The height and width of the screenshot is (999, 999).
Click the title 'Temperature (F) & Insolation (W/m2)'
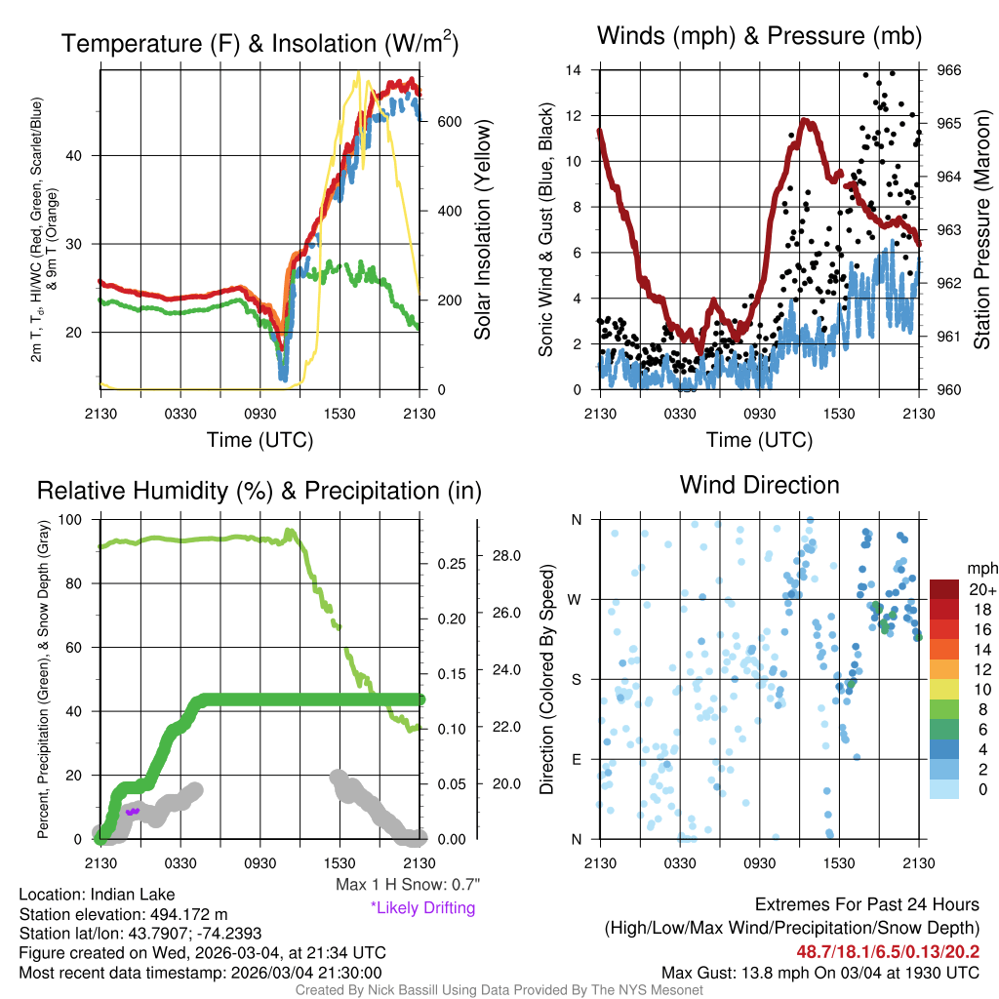[260, 43]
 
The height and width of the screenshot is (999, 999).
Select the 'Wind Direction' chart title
[759, 485]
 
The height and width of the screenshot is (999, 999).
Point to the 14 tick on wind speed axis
[574, 70]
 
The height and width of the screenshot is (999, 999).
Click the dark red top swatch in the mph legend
[945, 589]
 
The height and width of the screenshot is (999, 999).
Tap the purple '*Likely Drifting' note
[422, 907]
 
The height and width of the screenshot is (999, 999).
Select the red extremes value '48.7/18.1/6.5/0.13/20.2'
[889, 951]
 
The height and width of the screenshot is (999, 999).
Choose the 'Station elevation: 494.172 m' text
[123, 914]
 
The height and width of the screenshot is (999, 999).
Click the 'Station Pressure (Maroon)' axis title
[982, 230]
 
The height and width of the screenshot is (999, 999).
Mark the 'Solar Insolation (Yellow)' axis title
[482, 230]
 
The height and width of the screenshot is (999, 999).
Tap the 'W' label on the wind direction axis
[576, 599]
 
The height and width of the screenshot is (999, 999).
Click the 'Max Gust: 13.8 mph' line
[820, 972]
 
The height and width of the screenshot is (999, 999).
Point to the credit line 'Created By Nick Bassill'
[499, 990]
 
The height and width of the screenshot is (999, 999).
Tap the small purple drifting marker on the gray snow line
[133, 811]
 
